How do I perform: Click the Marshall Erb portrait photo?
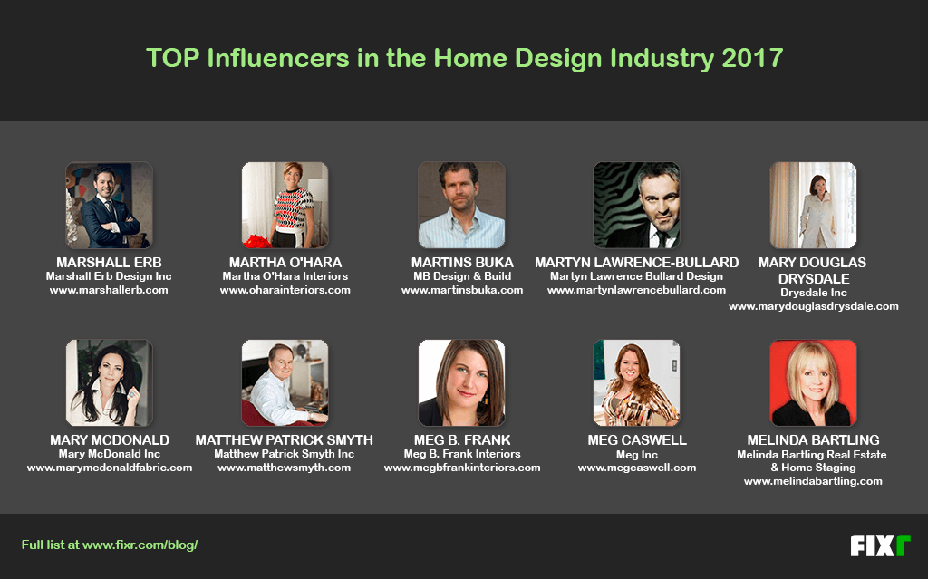pyautogui.click(x=109, y=205)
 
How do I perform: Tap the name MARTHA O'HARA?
pyautogui.click(x=285, y=262)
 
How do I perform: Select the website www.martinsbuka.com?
pyautogui.click(x=462, y=290)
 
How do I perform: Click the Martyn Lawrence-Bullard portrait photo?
pyautogui.click(x=637, y=205)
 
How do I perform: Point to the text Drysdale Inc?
pyautogui.click(x=813, y=293)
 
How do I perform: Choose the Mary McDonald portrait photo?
pyautogui.click(x=109, y=382)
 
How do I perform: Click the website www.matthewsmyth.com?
pyautogui.click(x=284, y=468)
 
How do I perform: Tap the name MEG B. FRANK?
pyautogui.click(x=462, y=439)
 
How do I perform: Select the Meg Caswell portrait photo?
pyautogui.click(x=637, y=382)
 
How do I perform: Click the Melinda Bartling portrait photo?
pyautogui.click(x=813, y=382)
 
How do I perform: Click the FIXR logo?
pyautogui.click(x=880, y=545)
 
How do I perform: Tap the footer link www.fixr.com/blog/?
pyautogui.click(x=140, y=545)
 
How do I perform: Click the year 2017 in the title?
pyautogui.click(x=752, y=58)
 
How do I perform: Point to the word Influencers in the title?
pyautogui.click(x=278, y=58)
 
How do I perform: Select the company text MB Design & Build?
pyautogui.click(x=462, y=275)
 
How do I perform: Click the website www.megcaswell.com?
pyautogui.click(x=637, y=468)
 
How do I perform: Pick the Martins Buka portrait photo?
pyautogui.click(x=461, y=205)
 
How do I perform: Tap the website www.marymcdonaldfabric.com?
pyautogui.click(x=110, y=468)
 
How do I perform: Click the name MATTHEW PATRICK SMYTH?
pyautogui.click(x=284, y=439)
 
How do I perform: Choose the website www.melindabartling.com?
pyautogui.click(x=813, y=481)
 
